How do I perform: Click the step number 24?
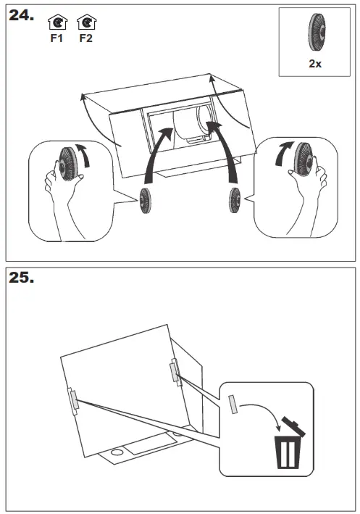click(21, 15)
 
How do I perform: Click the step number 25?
click(21, 278)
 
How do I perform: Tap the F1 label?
click(56, 38)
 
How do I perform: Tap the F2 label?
click(85, 38)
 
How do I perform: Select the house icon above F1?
click(58, 22)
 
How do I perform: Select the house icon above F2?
click(87, 22)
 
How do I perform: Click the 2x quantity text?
click(315, 63)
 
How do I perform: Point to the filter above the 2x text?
click(317, 32)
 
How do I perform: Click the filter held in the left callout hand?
click(68, 164)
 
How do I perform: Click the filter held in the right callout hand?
click(304, 159)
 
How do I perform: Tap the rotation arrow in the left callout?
click(84, 154)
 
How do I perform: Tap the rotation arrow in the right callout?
click(282, 152)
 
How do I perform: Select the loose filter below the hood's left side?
click(145, 201)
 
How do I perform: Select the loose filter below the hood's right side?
click(235, 200)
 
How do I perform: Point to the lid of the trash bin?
click(293, 426)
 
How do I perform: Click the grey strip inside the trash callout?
click(233, 405)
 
